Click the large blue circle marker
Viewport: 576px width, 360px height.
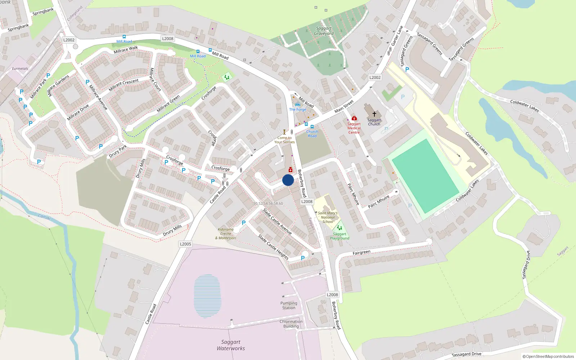pos(288,180)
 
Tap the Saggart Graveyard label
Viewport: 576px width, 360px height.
pos(324,31)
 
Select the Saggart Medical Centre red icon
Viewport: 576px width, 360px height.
pos(354,118)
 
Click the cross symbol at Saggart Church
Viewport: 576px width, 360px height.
pos(374,114)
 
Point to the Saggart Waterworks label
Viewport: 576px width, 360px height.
pos(231,345)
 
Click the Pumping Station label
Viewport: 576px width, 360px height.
pos(289,305)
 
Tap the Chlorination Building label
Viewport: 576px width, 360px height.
pos(291,324)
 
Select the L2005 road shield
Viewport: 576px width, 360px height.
pos(185,244)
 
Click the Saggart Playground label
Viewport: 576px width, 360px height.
pos(339,236)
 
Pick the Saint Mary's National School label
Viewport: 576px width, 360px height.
pos(328,217)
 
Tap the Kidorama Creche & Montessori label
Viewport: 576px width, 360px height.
pos(226,234)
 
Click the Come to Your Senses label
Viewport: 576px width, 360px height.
pos(284,140)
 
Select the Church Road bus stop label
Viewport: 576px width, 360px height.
pos(312,134)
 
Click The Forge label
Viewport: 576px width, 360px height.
pos(297,109)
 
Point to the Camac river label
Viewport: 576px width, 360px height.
pos(45,217)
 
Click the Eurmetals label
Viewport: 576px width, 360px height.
pos(20,68)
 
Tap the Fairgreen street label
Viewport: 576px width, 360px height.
pos(361,253)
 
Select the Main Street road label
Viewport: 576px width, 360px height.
pos(344,106)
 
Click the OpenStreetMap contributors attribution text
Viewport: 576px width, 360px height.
pos(548,356)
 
